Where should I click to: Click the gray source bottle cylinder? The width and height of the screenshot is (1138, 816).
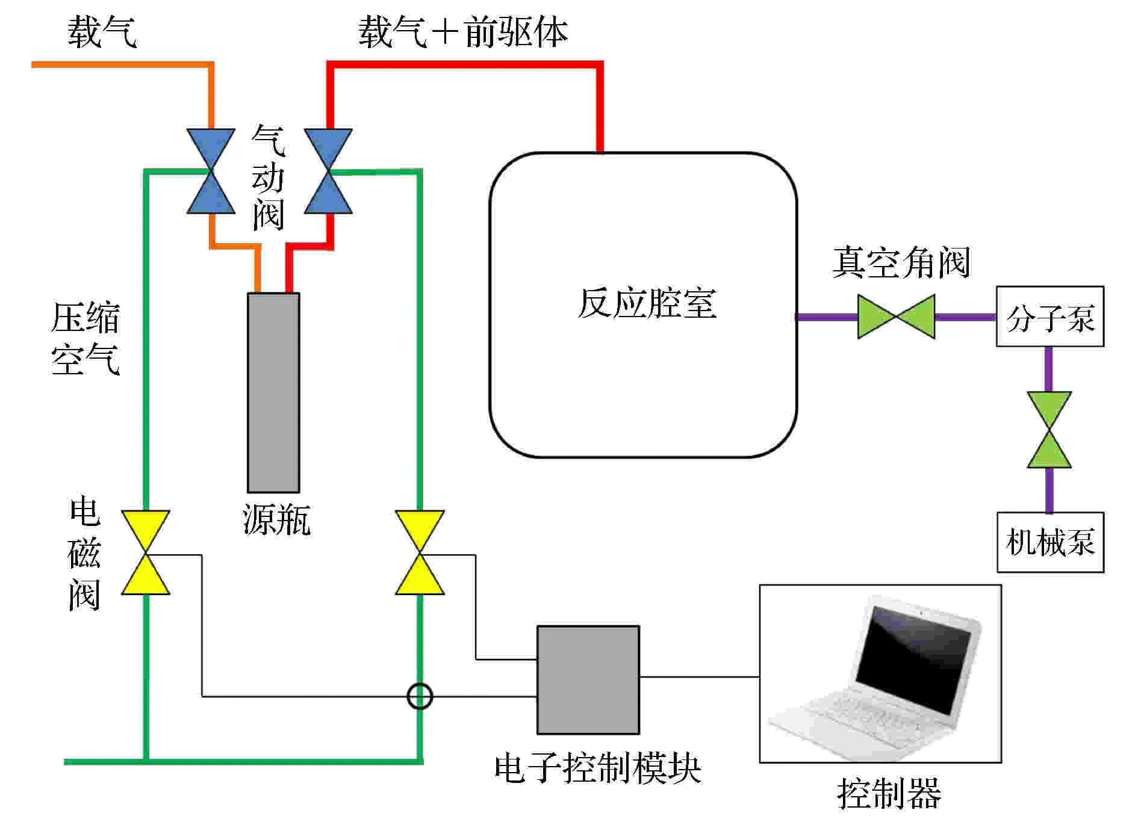(x=273, y=392)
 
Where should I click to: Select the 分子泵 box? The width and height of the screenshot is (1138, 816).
(x=1049, y=317)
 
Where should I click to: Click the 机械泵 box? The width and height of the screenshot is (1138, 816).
(x=1050, y=542)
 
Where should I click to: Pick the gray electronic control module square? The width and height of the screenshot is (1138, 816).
(x=588, y=679)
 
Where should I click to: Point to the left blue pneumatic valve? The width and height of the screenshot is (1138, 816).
(x=210, y=172)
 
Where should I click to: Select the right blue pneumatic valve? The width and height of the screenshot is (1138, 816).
(x=328, y=172)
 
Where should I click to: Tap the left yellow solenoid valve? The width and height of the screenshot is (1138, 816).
(x=146, y=552)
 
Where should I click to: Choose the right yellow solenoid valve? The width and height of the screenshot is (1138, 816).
(x=420, y=552)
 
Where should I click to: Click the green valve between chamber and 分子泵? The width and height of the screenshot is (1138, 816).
(x=896, y=317)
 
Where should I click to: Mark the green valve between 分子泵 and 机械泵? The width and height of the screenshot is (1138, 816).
(x=1049, y=430)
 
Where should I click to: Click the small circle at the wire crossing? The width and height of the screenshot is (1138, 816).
(x=420, y=696)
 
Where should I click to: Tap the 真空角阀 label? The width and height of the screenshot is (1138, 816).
(x=901, y=262)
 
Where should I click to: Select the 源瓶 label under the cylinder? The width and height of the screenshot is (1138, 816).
(x=276, y=519)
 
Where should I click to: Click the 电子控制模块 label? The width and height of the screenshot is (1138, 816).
(x=597, y=768)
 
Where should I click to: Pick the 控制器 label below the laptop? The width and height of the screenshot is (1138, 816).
(x=889, y=793)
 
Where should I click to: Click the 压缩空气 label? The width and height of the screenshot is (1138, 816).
(x=86, y=339)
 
